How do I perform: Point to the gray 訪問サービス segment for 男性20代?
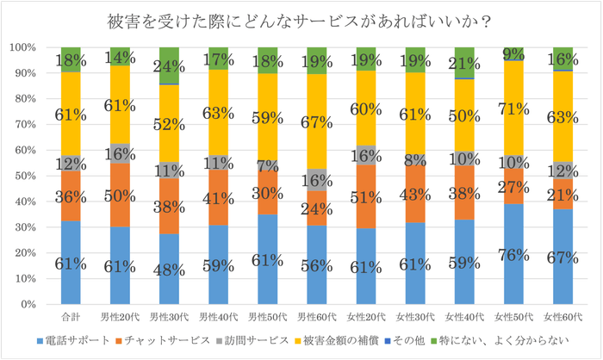120,153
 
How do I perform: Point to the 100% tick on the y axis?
23,47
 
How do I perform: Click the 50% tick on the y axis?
26,176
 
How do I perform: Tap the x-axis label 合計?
71,317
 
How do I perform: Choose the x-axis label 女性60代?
563,317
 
